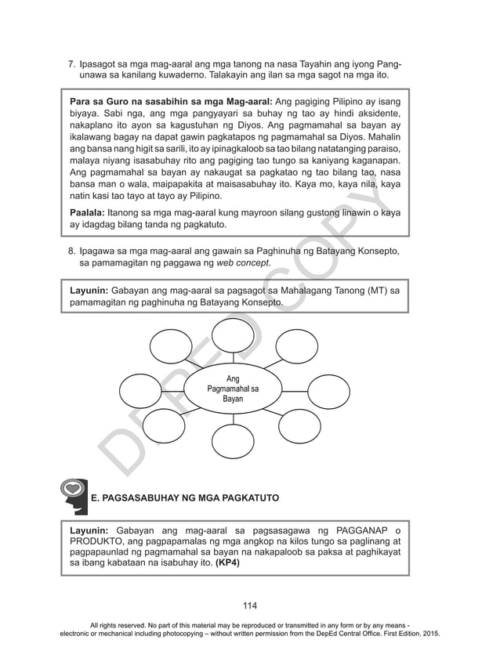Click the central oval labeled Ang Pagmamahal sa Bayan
click(232, 389)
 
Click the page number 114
click(249, 605)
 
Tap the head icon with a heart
click(73, 495)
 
